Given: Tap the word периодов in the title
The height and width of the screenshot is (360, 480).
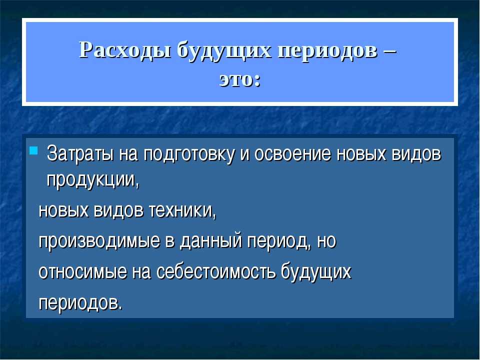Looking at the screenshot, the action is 328,51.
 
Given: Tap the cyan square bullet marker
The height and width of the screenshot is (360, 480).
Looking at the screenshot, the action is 33,150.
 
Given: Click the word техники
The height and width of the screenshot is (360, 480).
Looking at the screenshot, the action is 182,211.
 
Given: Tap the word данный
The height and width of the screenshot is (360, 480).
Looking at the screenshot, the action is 210,241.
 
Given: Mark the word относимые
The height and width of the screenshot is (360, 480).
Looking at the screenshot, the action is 82,272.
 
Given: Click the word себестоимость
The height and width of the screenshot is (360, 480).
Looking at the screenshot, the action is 216,271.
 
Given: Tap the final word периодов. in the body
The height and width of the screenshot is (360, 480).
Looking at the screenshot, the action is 80,303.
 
